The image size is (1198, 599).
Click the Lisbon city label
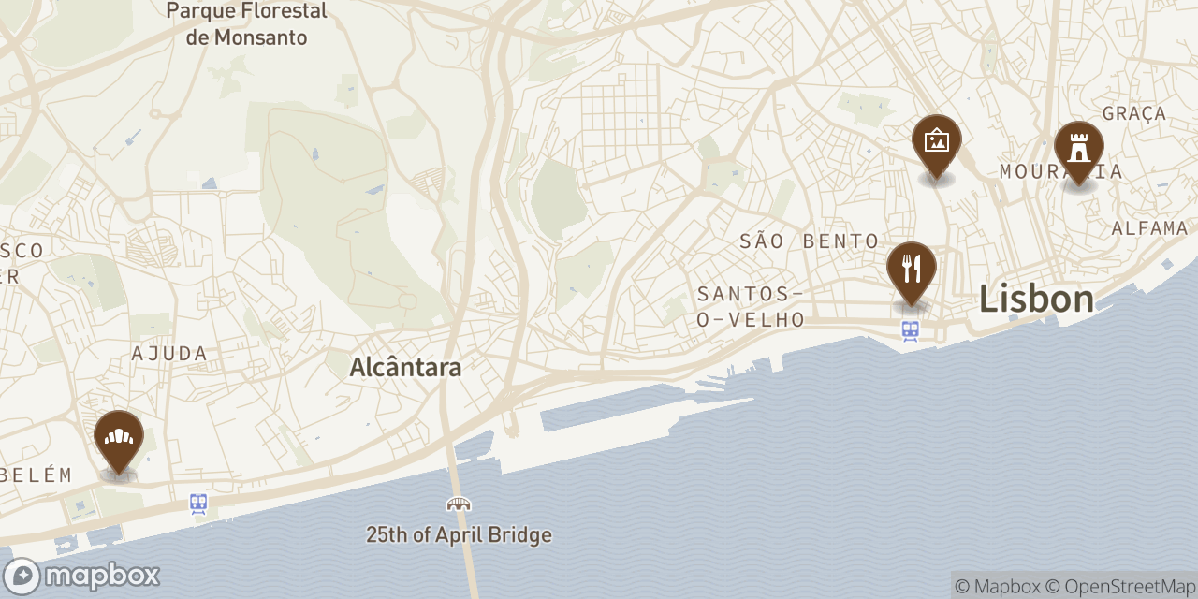click(x=1036, y=299)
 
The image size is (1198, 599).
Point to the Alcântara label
click(x=405, y=368)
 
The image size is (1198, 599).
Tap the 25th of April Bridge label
click(x=459, y=535)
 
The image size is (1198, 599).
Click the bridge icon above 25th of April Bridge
click(x=459, y=504)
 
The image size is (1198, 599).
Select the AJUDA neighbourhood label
click(x=169, y=354)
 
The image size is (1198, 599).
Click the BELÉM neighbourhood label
click(x=36, y=475)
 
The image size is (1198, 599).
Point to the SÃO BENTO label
click(x=810, y=241)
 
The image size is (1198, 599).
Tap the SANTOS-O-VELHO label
click(x=751, y=307)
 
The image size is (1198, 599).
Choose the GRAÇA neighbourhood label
click(x=1134, y=113)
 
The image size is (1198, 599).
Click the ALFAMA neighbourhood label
click(x=1149, y=228)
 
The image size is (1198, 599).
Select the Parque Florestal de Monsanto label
click(x=246, y=24)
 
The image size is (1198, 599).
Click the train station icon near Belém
click(x=198, y=504)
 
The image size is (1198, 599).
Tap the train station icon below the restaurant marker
click(x=911, y=330)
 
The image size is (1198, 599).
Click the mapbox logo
click(x=81, y=576)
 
